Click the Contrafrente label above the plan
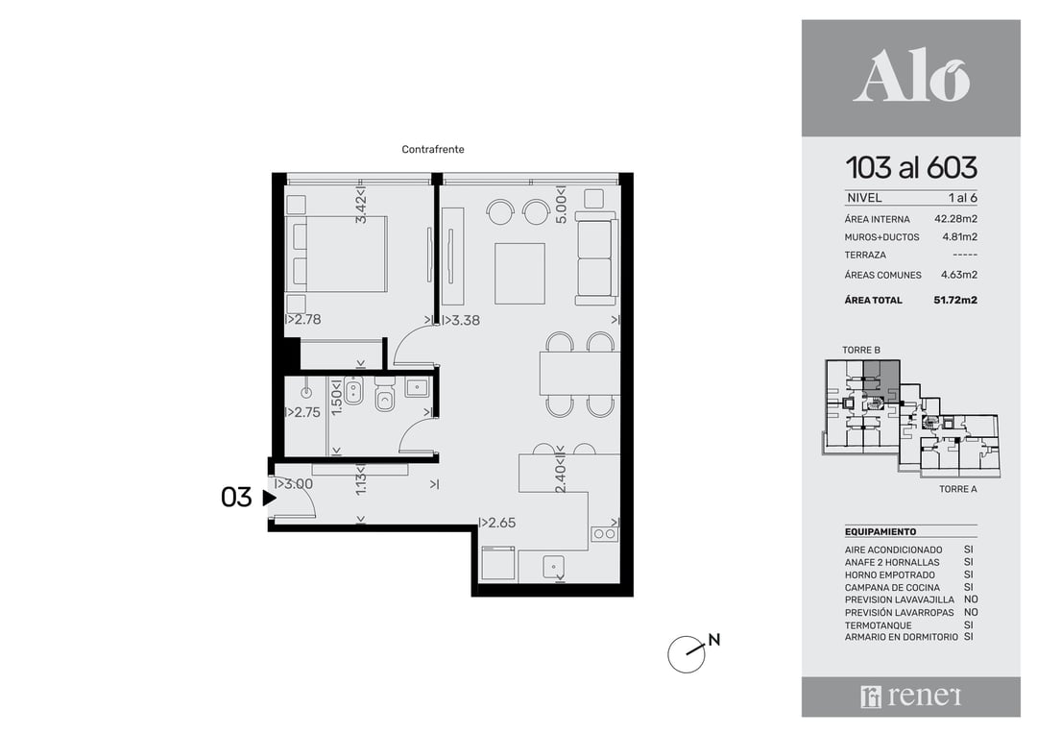pos(432,150)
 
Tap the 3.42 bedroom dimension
pos(361,208)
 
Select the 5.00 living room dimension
pos(561,208)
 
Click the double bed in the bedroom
pos(336,254)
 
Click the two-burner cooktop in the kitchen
pos(604,533)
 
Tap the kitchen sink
pos(554,566)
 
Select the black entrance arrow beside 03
pos(269,498)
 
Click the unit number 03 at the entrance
pos(236,498)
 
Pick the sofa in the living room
pos(596,258)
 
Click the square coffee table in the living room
pos(519,273)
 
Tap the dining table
pos(580,374)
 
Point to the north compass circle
pos(686,654)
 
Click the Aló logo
pos(910,78)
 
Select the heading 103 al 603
pos(911,168)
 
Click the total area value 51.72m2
pos(955,300)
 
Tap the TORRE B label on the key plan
pos(861,350)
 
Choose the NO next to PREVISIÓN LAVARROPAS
pos(971,613)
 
